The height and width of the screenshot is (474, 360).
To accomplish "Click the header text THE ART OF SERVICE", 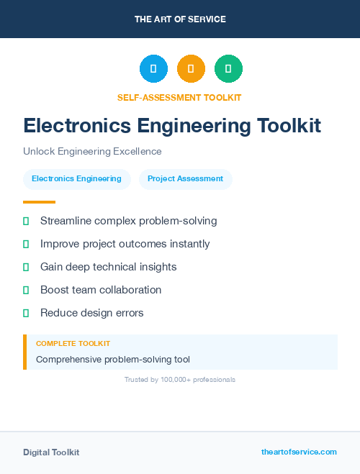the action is (x=180, y=19).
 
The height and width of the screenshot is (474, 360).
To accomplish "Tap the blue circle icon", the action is (x=153, y=69).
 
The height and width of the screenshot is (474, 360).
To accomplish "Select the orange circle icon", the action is (x=191, y=69).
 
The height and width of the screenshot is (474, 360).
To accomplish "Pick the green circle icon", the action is (x=228, y=69).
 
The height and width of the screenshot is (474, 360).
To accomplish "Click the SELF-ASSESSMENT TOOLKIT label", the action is (x=179, y=97).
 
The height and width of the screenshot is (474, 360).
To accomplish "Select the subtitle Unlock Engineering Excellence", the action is (x=92, y=152).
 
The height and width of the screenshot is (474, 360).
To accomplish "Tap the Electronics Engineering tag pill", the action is (x=76, y=179).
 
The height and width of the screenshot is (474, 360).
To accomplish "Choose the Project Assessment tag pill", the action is (x=185, y=179).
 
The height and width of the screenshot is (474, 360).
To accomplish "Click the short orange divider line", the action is (x=39, y=202).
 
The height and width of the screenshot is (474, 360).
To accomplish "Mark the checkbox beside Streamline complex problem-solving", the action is (x=26, y=221).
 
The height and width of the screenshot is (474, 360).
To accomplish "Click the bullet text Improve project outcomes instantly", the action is (x=125, y=244).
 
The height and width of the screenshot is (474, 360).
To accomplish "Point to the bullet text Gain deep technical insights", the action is (x=108, y=267).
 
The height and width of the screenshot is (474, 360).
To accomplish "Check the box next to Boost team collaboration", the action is (x=26, y=290).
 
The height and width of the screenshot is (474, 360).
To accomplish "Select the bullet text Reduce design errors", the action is (x=91, y=313).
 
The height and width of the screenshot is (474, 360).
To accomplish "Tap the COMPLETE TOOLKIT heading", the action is (x=73, y=344).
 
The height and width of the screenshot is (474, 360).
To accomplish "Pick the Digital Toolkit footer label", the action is (x=51, y=452).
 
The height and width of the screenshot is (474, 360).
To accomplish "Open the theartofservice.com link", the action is (x=299, y=452).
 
